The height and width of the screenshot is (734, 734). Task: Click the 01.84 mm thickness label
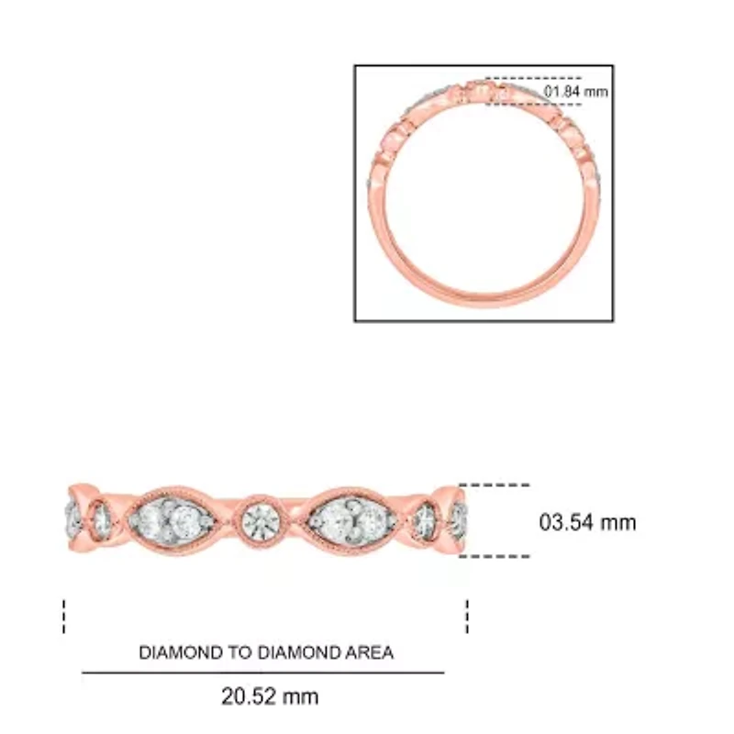click(x=576, y=91)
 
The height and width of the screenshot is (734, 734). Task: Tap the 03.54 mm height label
click(x=587, y=522)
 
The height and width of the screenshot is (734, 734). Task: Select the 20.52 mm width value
click(x=270, y=696)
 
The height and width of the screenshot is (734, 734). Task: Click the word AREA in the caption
click(x=370, y=652)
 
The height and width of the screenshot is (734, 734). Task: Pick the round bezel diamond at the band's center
click(x=261, y=519)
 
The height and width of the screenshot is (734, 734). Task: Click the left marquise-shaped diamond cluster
click(x=172, y=519)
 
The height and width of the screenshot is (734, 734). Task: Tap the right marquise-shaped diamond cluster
click(x=352, y=519)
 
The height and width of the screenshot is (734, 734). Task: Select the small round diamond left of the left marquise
click(x=101, y=519)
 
